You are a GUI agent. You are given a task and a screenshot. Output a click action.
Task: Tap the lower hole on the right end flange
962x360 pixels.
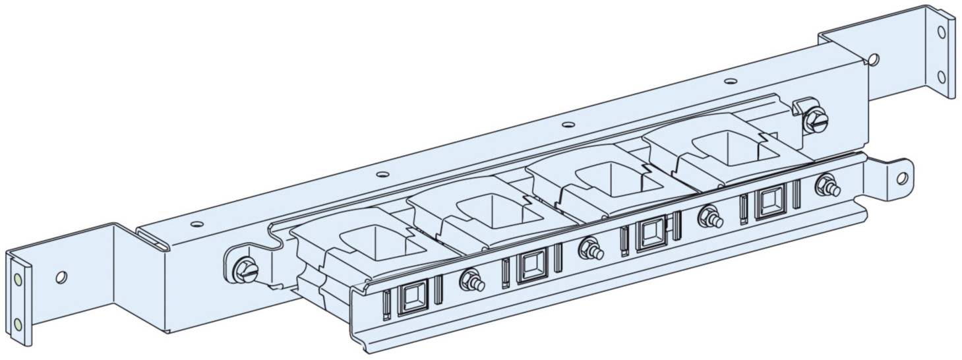coord(942,76)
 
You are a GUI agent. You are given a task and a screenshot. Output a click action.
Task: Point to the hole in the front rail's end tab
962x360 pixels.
coord(901,177)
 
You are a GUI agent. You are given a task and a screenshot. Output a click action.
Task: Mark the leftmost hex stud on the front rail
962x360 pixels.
coord(472,280)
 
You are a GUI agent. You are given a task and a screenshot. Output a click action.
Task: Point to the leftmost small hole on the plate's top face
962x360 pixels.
coord(195,224)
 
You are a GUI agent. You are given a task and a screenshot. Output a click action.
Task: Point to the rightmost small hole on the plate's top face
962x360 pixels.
coord(729,82)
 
